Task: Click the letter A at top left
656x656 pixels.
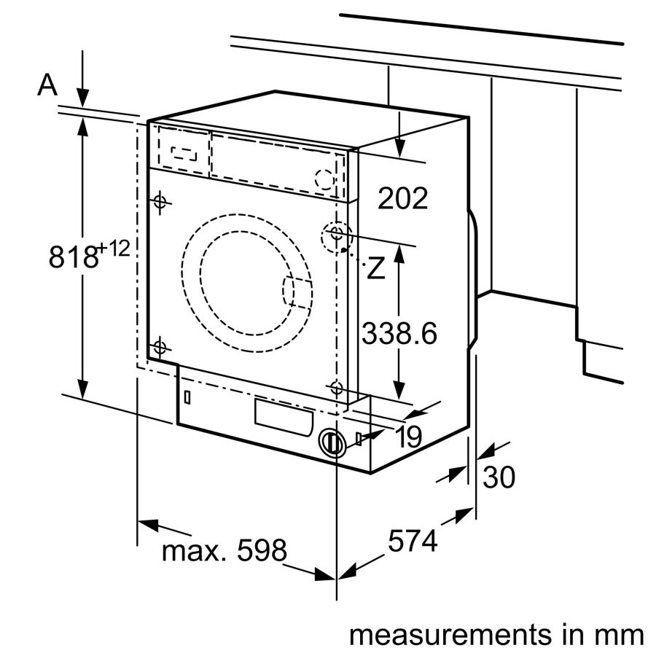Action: coord(47,86)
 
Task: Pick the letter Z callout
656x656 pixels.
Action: coord(375,269)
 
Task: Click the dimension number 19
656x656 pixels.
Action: coord(410,437)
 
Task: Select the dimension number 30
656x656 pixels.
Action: coord(499,477)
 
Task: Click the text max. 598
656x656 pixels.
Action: coord(224,551)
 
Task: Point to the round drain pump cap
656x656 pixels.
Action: coord(332,442)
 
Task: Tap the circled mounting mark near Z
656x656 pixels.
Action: coord(336,234)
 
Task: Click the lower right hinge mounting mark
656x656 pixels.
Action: coord(336,388)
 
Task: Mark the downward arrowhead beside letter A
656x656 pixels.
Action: coord(83,98)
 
